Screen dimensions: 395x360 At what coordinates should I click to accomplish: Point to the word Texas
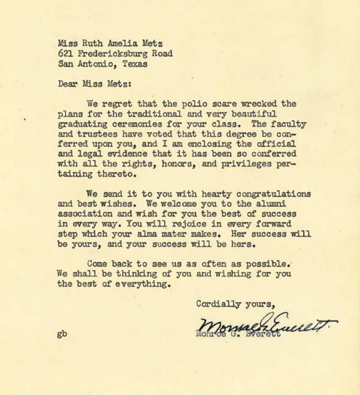[135, 64]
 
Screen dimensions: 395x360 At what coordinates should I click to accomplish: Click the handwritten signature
[266, 328]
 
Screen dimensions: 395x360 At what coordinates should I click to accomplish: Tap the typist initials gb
[62, 334]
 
